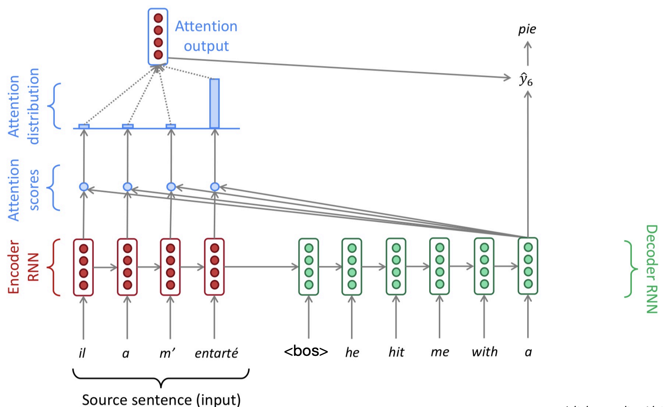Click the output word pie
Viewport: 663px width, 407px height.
pos(527,29)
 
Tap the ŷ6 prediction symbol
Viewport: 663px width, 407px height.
pos(526,80)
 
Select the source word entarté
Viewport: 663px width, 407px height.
pos(216,353)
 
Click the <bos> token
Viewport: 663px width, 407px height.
pos(306,351)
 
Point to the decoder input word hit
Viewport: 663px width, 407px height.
pos(396,352)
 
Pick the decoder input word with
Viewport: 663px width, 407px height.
pos(484,352)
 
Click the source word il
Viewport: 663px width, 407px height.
pos(82,353)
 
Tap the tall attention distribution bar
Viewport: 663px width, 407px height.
pos(215,104)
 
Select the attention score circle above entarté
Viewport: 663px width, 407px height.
pos(215,187)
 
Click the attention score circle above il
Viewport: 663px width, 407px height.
pos(84,187)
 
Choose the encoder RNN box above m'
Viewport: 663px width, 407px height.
pos(170,267)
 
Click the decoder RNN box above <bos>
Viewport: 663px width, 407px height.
pos(309,267)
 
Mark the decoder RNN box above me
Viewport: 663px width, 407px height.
pos(440,266)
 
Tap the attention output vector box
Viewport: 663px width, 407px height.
pos(158,36)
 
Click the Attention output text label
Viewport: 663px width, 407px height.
pos(206,36)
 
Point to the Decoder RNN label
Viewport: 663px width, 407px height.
pos(652,269)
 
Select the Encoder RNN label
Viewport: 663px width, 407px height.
pos(23,267)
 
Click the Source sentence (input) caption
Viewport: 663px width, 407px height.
pos(161,399)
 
